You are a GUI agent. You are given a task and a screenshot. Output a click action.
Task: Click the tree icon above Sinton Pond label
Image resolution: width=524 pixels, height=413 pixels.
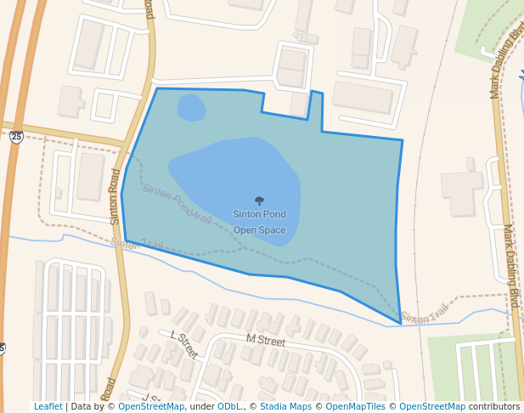point(259,201)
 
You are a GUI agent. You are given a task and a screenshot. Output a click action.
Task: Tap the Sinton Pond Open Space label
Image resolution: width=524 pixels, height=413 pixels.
point(259,222)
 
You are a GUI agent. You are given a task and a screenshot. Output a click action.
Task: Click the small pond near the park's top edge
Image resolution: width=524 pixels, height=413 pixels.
point(191,108)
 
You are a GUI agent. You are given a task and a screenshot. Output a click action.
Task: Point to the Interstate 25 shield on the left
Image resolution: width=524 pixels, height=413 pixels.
point(16,136)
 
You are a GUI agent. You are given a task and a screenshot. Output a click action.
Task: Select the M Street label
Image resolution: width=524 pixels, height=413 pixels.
point(266,340)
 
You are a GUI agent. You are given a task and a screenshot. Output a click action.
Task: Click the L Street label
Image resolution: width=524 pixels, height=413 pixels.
point(183,343)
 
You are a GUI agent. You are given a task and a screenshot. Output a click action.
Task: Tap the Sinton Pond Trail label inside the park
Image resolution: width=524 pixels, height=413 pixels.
point(177,204)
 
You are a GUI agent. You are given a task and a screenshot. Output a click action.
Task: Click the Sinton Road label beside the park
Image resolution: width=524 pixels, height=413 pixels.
point(116,196)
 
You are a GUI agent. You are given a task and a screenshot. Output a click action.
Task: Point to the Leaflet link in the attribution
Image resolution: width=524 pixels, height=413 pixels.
point(48,407)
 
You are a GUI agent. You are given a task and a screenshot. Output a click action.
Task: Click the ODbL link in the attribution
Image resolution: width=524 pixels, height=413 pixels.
point(229,407)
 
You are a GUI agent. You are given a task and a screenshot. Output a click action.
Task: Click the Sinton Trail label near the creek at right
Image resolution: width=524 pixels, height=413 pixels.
point(424,314)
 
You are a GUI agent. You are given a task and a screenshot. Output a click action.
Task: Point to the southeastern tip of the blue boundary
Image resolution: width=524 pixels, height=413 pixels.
point(400,324)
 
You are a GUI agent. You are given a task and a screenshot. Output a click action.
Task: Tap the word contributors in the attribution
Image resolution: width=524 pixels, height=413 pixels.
point(494,407)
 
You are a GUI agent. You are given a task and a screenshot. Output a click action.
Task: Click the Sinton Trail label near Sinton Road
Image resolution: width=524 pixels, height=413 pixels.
point(137,244)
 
